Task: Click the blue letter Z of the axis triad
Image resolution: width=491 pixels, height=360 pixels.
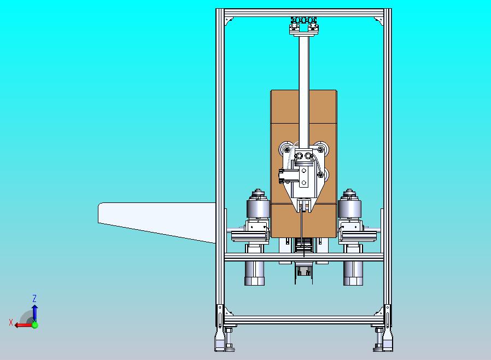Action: pyautogui.click(x=34, y=298)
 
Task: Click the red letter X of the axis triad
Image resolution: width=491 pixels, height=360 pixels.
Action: pyautogui.click(x=11, y=322)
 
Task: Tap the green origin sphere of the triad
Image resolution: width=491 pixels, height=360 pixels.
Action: pyautogui.click(x=35, y=325)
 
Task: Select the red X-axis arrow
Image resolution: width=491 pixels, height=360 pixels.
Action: pyautogui.click(x=23, y=325)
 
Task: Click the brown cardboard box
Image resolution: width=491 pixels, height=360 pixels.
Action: pyautogui.click(x=304, y=164)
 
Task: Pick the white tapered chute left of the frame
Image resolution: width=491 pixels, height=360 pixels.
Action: pyautogui.click(x=157, y=222)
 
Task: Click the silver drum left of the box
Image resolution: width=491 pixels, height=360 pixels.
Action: pyautogui.click(x=258, y=207)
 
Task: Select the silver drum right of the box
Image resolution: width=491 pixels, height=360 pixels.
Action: pyautogui.click(x=349, y=207)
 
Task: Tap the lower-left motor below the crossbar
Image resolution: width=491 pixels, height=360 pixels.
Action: pyautogui.click(x=254, y=273)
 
